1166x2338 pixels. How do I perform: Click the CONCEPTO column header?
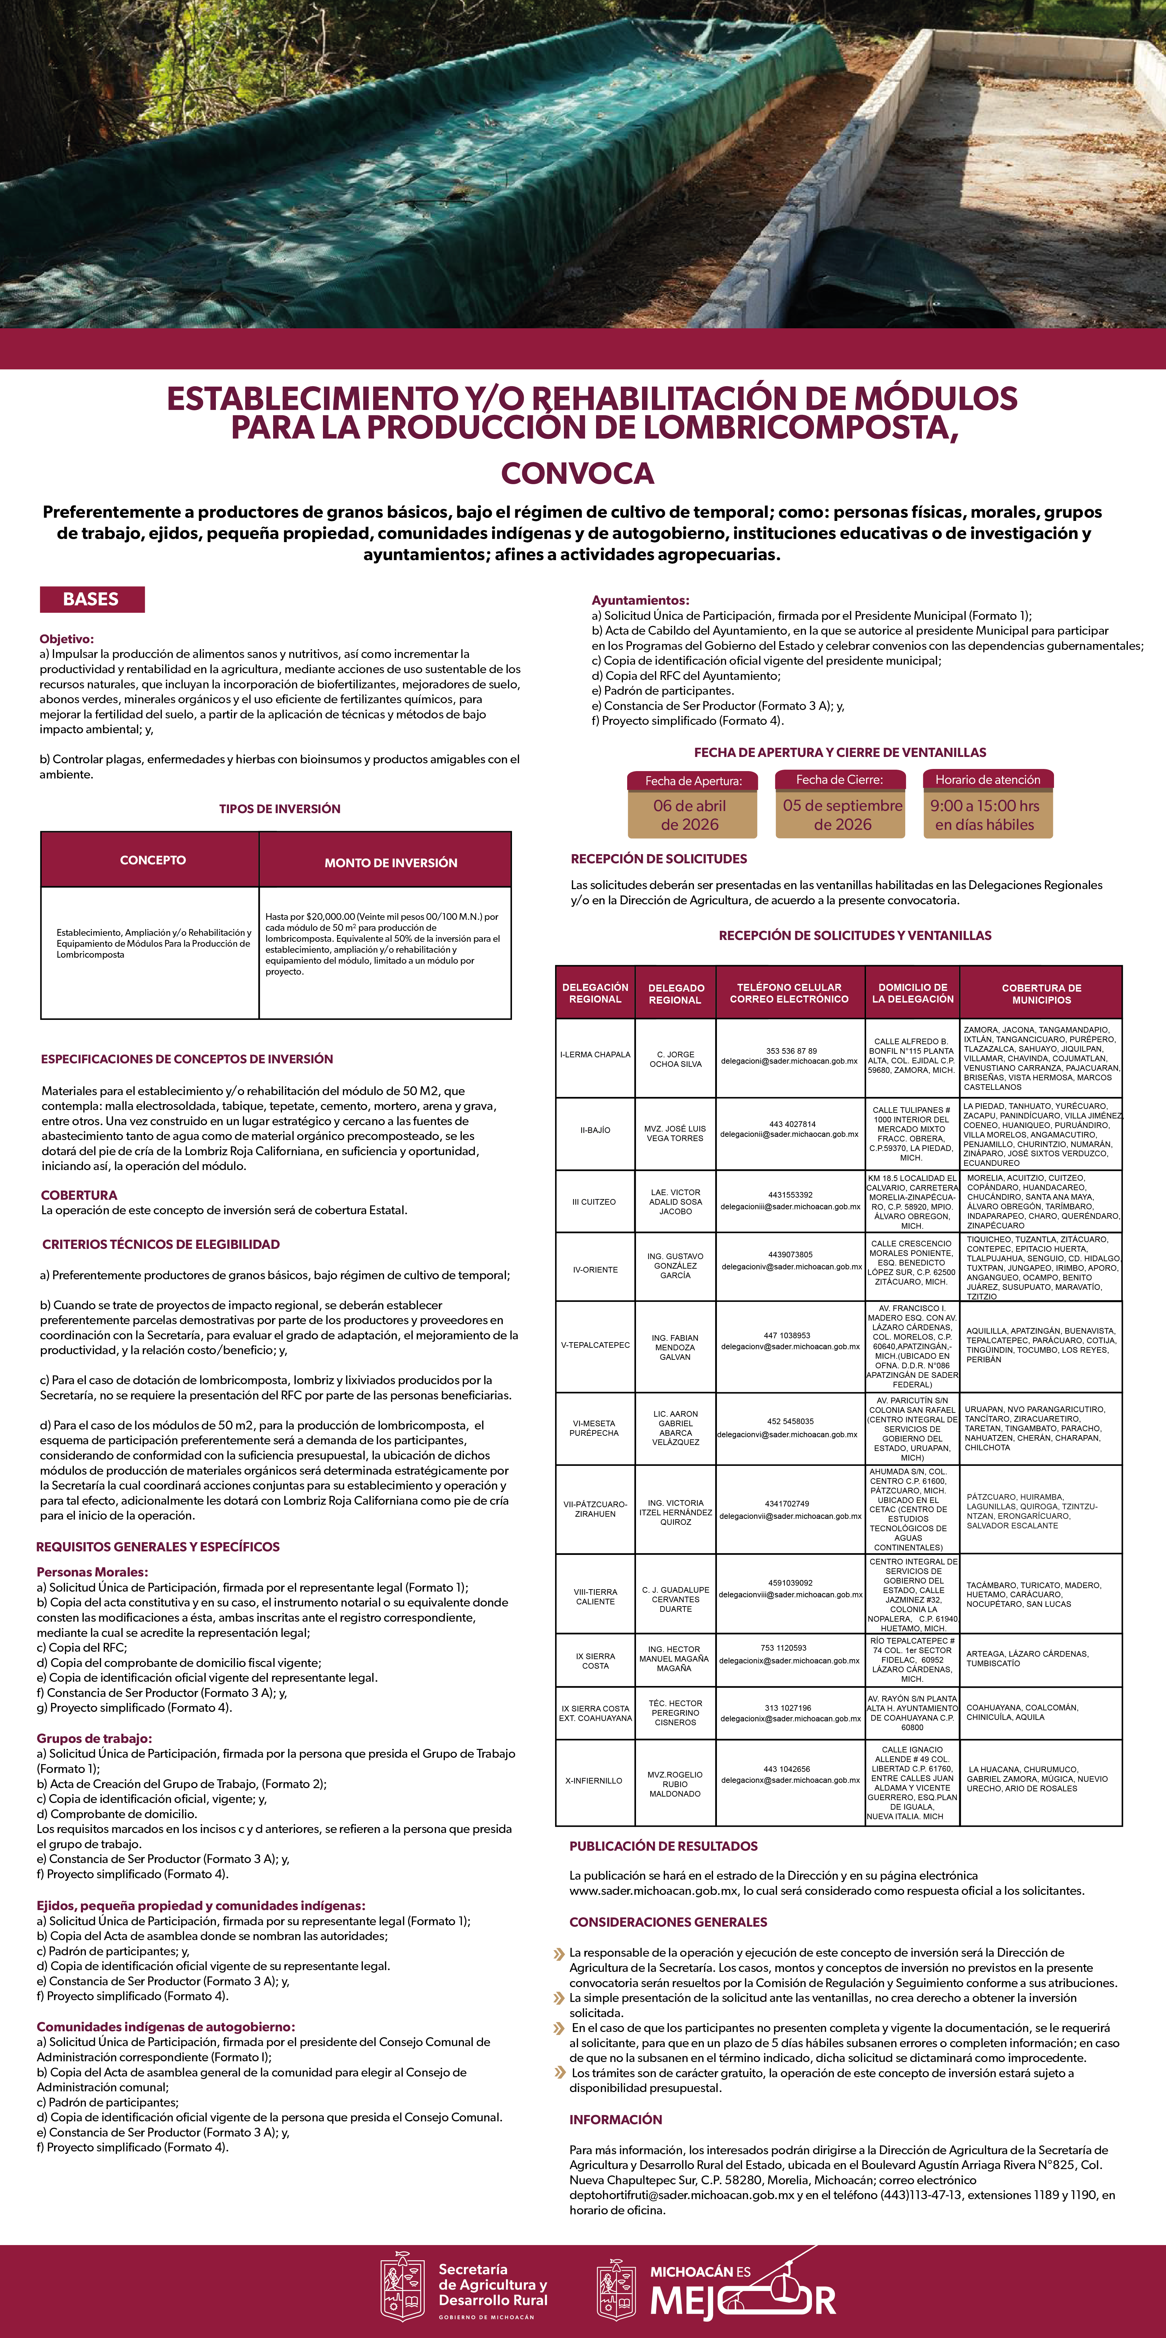coord(152,859)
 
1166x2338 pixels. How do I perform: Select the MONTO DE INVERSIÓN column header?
coord(390,862)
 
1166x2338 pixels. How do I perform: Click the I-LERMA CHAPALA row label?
coord(595,1055)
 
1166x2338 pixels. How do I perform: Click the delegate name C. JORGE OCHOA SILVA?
coord(675,1059)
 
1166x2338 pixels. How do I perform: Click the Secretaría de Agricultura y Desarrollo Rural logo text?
coord(493,2284)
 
